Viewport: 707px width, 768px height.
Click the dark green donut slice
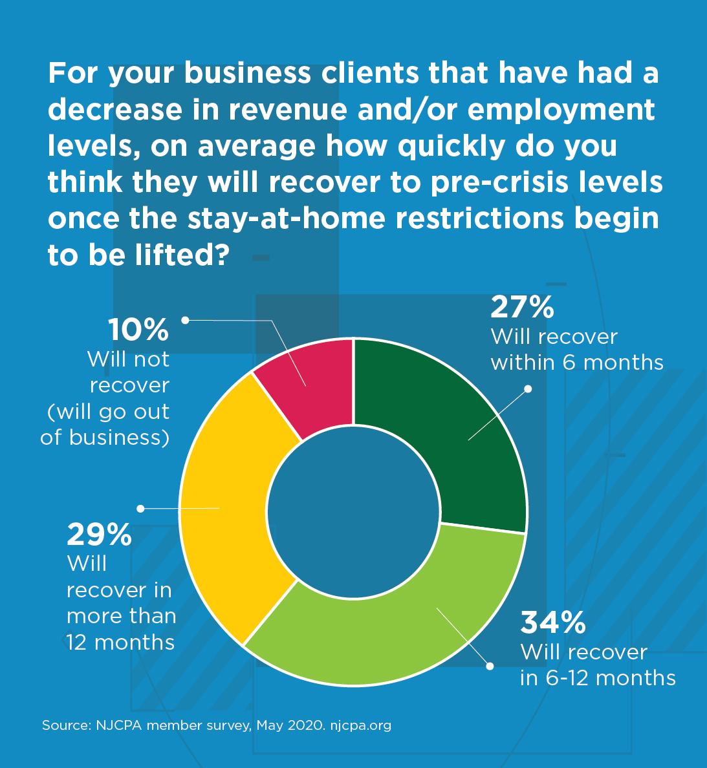pos(453,427)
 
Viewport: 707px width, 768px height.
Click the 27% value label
pos(522,308)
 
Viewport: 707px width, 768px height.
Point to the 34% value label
pos(553,623)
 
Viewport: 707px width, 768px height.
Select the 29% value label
pos(99,535)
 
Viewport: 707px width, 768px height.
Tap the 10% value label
pos(138,330)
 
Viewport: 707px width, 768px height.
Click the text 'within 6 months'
pos(577,363)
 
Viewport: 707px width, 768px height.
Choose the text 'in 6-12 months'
pos(598,678)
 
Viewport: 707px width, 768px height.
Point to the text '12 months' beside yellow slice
pos(120,643)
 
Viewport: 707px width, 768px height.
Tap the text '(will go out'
pos(109,412)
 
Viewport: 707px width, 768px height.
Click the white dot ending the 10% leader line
pos(185,320)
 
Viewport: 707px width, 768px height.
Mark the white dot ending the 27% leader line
pos(528,389)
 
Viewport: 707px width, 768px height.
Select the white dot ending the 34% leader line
pos(490,666)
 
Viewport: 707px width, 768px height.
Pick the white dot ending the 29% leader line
pos(140,509)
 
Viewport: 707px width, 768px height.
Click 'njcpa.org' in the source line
pos(361,725)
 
